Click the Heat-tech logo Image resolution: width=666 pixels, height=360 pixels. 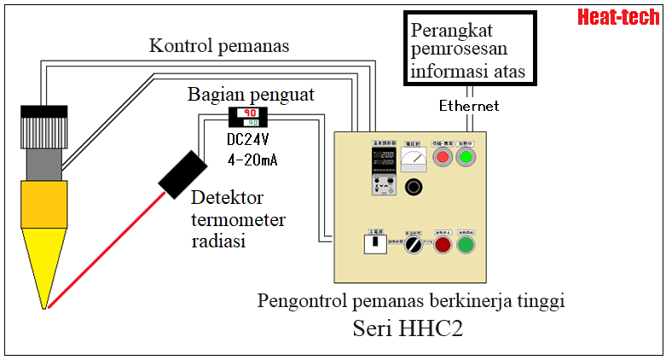tap(618, 16)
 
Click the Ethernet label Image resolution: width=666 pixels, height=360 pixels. tap(469, 106)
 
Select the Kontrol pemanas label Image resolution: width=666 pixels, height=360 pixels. tap(219, 46)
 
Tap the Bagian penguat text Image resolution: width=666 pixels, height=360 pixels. tap(251, 94)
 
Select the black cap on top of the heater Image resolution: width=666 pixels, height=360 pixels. tap(43, 111)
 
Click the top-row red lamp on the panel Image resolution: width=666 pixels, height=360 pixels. tap(442, 158)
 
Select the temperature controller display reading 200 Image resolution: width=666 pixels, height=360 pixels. tap(380, 158)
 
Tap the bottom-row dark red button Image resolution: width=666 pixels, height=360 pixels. tap(440, 246)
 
